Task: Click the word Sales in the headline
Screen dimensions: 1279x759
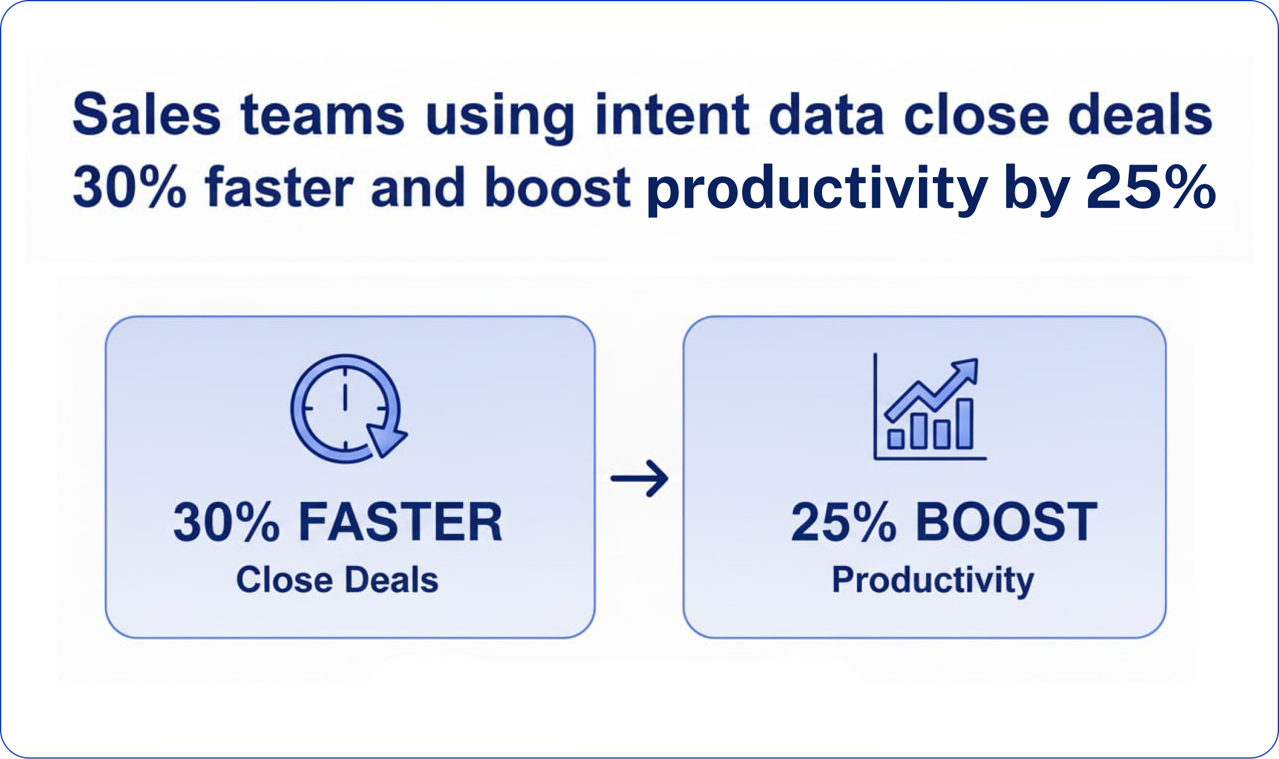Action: pos(147,114)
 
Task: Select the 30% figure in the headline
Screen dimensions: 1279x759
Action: pos(129,187)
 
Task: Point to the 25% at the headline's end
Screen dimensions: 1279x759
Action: pos(1150,187)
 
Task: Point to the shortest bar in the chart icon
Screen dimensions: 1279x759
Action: pos(896,439)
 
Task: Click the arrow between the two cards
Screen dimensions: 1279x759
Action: pos(639,479)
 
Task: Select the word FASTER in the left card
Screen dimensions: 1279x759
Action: pos(401,522)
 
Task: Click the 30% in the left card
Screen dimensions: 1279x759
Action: pos(227,522)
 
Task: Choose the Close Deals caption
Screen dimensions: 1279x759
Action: pos(337,579)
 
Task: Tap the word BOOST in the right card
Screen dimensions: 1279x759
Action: pos(1006,522)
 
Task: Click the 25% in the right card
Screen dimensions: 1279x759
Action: pos(843,522)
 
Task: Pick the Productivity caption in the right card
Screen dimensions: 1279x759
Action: pos(933,581)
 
